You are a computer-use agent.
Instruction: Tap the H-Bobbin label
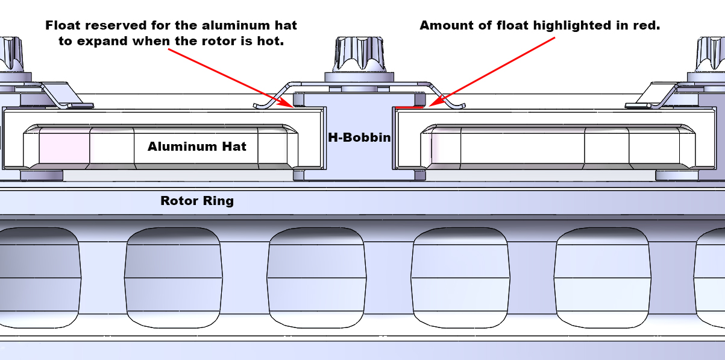click(359, 137)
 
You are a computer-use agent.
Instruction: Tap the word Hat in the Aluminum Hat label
click(234, 147)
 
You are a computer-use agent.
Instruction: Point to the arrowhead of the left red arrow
click(290, 106)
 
